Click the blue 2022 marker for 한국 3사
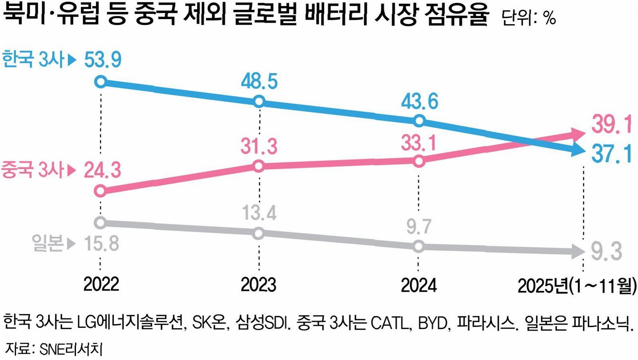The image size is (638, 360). coord(101,82)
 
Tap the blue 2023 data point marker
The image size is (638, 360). coord(259,101)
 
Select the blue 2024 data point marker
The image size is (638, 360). coord(419,121)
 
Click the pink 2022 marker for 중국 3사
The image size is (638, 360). coord(101,191)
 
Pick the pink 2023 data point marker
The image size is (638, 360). coord(259,166)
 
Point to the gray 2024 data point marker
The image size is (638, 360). coord(419,246)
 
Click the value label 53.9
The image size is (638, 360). coord(103,60)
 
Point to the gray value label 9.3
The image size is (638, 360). coord(607,251)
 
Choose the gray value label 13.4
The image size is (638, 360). coord(259,213)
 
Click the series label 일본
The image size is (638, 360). coord(47,243)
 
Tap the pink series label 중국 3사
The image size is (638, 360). coord(32,170)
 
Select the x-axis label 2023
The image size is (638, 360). coord(259,284)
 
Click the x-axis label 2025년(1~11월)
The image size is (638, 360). coord(577,286)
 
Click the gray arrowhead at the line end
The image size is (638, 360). coord(578,251)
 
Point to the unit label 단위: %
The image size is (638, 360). coord(529,18)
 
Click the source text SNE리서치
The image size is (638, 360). coord(71,349)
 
